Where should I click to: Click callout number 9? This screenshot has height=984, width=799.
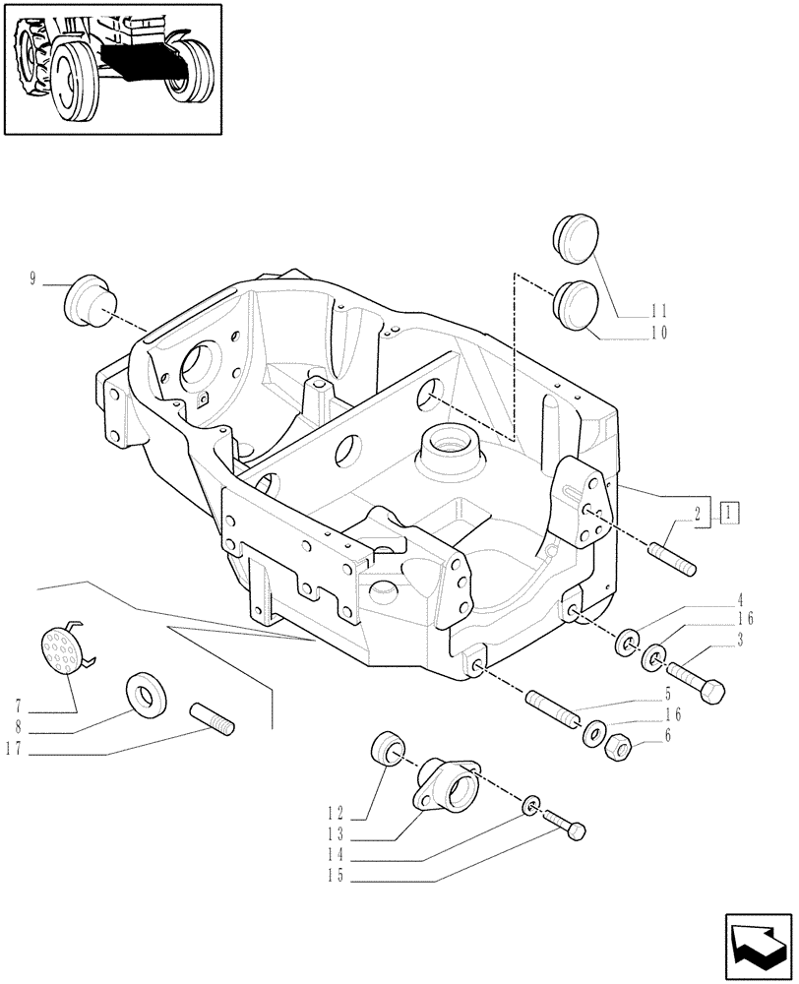(x=32, y=279)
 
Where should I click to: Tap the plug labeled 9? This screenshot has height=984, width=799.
(x=86, y=296)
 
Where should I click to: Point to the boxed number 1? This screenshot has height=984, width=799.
(x=729, y=512)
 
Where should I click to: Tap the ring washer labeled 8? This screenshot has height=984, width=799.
(x=148, y=696)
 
